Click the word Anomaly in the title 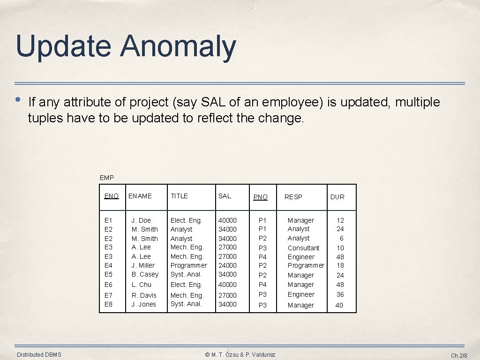coord(178,47)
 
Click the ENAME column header coord(140,196)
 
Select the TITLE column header coord(179,196)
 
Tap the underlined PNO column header coord(260,197)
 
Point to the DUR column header coord(337,197)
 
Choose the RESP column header coord(293,197)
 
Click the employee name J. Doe coord(141,220)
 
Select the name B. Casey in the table coord(145,274)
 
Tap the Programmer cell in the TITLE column coord(188,265)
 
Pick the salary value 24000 coord(228,265)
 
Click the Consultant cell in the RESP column coord(303,248)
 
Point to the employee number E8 coord(108,304)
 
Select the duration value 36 coord(340,294)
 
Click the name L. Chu coord(142,285)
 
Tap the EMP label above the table coord(107,178)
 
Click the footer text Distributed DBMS coord(39,355)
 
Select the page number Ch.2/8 coord(459,356)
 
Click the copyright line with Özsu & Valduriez coord(240,355)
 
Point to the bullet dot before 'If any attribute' coord(17,100)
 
